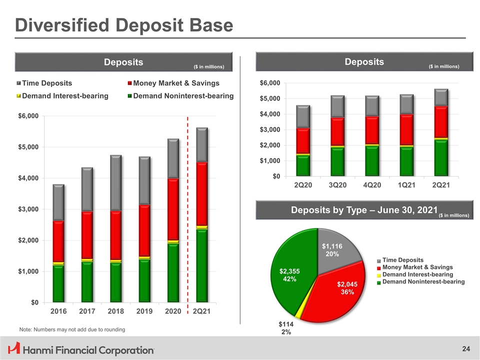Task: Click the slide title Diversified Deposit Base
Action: [123, 25]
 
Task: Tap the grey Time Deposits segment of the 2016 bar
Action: [58, 202]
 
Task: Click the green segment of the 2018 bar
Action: [115, 282]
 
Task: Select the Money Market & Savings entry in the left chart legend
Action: [176, 83]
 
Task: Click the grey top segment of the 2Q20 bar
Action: [303, 116]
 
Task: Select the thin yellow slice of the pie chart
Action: [298, 314]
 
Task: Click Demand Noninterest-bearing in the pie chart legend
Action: [423, 282]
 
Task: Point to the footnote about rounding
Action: [72, 329]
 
